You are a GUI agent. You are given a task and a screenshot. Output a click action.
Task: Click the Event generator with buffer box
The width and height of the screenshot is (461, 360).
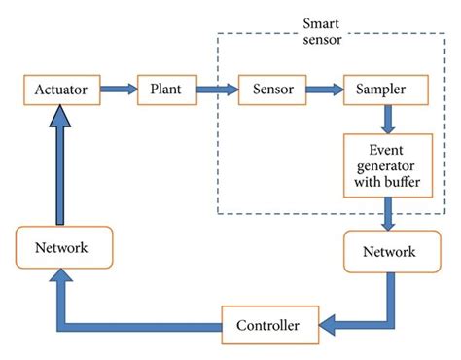pos(387,165)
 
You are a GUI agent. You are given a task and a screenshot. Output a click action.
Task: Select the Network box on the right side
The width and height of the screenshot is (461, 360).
pos(387,252)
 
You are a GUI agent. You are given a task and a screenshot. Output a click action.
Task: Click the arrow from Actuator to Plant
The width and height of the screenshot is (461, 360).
pos(118,90)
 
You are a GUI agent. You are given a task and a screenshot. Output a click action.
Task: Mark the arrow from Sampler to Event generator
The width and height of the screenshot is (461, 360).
pos(387,119)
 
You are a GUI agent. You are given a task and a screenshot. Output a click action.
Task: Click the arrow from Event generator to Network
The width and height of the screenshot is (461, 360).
pos(387,214)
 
